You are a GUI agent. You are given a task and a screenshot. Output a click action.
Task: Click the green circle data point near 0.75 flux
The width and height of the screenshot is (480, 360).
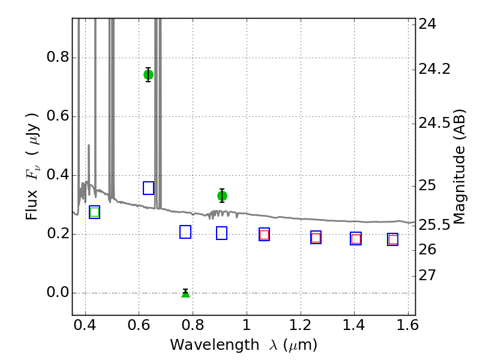(x=148, y=74)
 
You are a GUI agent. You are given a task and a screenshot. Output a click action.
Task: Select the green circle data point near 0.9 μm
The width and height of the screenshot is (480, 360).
(x=222, y=196)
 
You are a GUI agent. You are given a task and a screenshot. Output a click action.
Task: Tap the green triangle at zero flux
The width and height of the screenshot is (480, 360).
(x=185, y=293)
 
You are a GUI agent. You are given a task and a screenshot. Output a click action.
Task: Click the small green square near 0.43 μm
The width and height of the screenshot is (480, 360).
(x=95, y=212)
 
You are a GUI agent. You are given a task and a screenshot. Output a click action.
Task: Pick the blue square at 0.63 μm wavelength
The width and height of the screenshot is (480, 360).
(x=148, y=188)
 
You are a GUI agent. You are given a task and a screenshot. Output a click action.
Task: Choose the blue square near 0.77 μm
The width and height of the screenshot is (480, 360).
(x=185, y=232)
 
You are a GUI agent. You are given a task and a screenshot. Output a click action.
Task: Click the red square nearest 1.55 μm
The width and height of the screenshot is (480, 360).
(x=393, y=239)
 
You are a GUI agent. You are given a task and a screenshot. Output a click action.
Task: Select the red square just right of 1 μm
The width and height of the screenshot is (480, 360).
(x=264, y=235)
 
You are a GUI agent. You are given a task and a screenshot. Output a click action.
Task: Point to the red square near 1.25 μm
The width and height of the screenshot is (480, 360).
(x=316, y=238)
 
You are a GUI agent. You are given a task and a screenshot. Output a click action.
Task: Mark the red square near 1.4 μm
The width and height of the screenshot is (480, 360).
(x=356, y=239)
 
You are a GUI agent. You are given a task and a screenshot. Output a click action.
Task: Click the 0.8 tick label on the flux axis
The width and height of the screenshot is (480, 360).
(x=58, y=57)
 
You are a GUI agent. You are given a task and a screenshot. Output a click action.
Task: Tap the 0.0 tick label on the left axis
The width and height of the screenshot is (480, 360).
(x=58, y=293)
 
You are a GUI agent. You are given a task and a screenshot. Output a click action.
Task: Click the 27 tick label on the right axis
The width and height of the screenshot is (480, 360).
(x=427, y=275)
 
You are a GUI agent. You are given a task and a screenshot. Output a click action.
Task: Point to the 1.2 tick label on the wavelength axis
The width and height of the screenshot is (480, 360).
(x=301, y=325)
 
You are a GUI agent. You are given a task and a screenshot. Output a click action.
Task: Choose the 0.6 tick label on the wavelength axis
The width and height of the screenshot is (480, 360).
(x=139, y=325)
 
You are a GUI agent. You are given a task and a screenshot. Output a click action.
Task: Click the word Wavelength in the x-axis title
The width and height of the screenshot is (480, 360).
(x=215, y=346)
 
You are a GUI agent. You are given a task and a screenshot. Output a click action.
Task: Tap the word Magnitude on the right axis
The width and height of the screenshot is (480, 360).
(x=458, y=185)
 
